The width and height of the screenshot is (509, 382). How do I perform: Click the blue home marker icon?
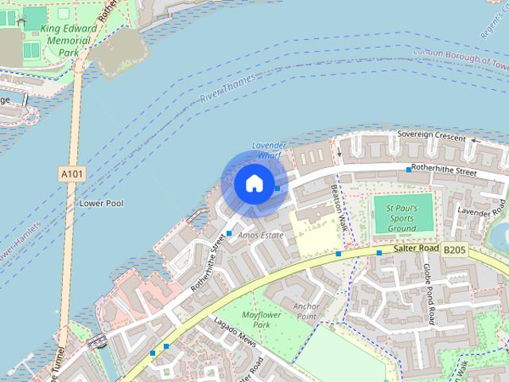click(x=254, y=184)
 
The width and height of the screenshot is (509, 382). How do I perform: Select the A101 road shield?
click(x=70, y=172)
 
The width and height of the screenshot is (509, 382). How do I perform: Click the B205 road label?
click(x=454, y=250)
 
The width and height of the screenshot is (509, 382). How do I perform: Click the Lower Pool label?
click(x=101, y=204)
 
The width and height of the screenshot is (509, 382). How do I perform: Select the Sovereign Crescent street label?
click(x=432, y=137)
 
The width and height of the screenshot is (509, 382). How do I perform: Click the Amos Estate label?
click(x=260, y=236)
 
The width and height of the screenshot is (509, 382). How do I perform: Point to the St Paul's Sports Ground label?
click(x=402, y=217)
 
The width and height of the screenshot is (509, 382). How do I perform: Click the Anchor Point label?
click(x=306, y=311)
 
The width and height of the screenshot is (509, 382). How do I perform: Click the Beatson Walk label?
click(x=340, y=205)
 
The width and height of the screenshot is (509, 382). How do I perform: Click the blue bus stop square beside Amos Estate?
click(x=229, y=233)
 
